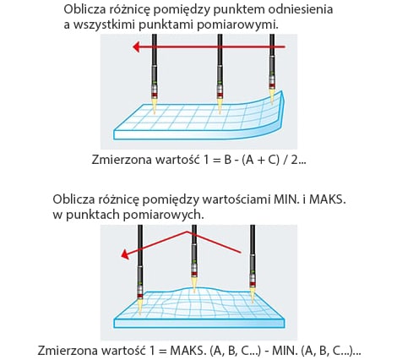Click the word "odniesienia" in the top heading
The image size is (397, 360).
300,9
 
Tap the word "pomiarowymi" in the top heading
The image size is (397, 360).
237,25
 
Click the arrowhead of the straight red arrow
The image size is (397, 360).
136,46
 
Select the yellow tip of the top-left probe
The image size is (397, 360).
154,105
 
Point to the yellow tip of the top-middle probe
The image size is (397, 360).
220,105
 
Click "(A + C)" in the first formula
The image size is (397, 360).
260,160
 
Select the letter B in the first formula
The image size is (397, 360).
227,160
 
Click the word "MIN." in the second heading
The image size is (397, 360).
286,199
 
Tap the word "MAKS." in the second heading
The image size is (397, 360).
327,199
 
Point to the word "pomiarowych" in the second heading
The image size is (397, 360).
163,215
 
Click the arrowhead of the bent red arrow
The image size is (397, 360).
125,255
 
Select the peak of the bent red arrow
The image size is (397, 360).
187,232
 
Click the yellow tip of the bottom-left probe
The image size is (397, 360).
140,307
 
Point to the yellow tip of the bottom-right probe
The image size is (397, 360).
253,294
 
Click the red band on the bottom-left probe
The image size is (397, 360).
140,296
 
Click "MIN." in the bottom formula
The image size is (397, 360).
285,351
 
